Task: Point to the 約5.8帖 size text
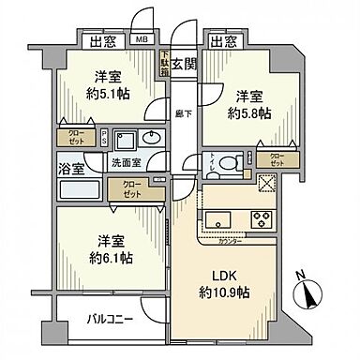coord(252,111)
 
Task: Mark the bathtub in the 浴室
coord(79,190)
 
